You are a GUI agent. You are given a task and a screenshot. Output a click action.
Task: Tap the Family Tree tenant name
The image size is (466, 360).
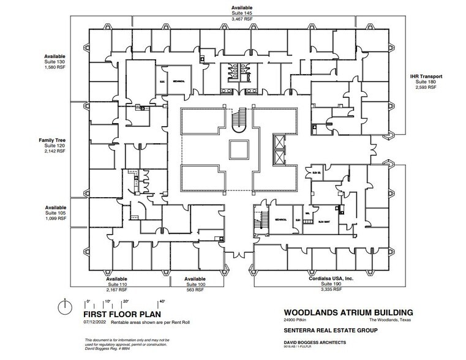coord(52,140)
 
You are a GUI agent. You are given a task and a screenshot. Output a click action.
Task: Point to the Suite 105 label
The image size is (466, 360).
coord(55,213)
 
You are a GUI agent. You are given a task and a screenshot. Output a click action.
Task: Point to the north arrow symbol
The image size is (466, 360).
coord(66,306)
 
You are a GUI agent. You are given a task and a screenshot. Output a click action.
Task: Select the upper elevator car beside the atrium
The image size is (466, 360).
coord(279,141)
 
